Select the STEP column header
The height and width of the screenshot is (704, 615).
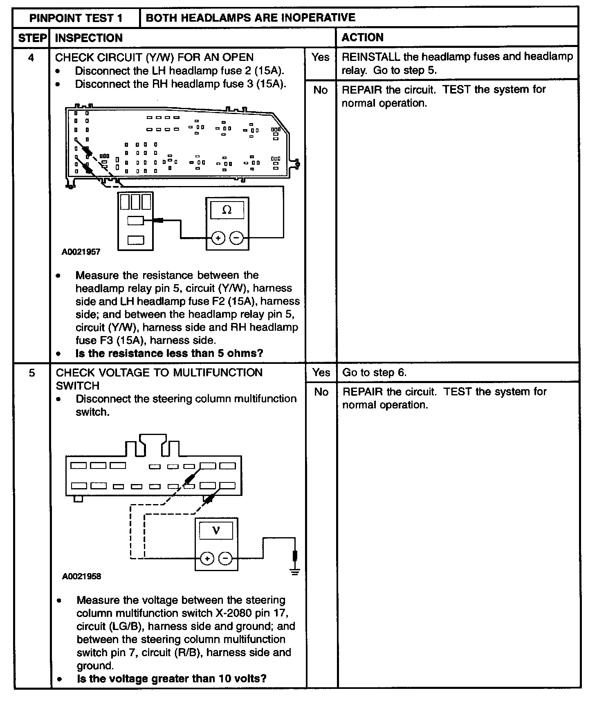click(x=32, y=38)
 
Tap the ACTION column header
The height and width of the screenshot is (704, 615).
click(x=362, y=38)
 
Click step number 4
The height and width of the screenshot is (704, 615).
click(x=31, y=58)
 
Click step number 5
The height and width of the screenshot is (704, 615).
click(x=31, y=373)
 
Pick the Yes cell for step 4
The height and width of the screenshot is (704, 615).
click(x=320, y=57)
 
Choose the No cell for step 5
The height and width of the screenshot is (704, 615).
click(x=321, y=392)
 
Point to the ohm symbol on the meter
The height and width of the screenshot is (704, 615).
click(x=227, y=210)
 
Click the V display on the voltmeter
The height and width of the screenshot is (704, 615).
click(x=216, y=531)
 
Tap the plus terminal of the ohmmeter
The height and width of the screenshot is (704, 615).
click(x=218, y=238)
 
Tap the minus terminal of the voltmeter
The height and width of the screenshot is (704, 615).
click(x=225, y=558)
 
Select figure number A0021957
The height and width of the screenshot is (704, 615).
click(x=81, y=252)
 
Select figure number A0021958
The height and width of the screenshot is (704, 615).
click(x=81, y=576)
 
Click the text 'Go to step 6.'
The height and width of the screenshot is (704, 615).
click(x=374, y=372)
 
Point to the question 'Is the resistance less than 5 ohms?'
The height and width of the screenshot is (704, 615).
click(x=169, y=353)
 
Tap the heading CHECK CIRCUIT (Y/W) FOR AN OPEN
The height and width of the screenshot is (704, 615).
click(x=154, y=57)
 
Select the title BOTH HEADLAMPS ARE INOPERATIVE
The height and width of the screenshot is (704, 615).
click(x=250, y=18)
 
